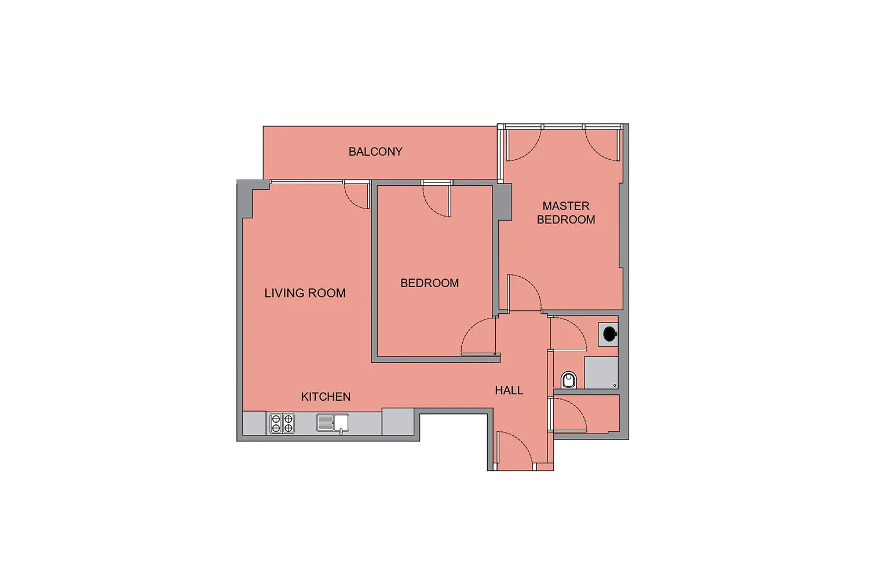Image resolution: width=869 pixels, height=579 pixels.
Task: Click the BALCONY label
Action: [375, 152]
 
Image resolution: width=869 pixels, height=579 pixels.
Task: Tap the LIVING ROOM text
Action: [305, 293]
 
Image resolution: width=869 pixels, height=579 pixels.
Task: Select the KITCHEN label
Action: [326, 397]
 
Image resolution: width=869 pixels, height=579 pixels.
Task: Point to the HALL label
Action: [509, 390]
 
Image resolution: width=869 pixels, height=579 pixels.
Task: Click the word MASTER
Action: [565, 206]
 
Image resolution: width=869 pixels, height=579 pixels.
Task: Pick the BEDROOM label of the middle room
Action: [429, 283]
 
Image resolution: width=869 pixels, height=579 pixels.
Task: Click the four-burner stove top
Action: [282, 423]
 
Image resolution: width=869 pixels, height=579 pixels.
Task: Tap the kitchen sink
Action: [333, 423]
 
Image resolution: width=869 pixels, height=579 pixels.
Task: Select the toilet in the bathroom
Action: [569, 380]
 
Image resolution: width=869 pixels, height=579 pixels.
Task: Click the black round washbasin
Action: [609, 334]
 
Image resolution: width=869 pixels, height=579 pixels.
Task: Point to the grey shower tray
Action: [601, 373]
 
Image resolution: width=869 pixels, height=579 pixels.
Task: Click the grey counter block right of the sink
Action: [397, 422]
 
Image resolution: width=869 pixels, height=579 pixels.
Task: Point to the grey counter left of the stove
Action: [254, 423]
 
